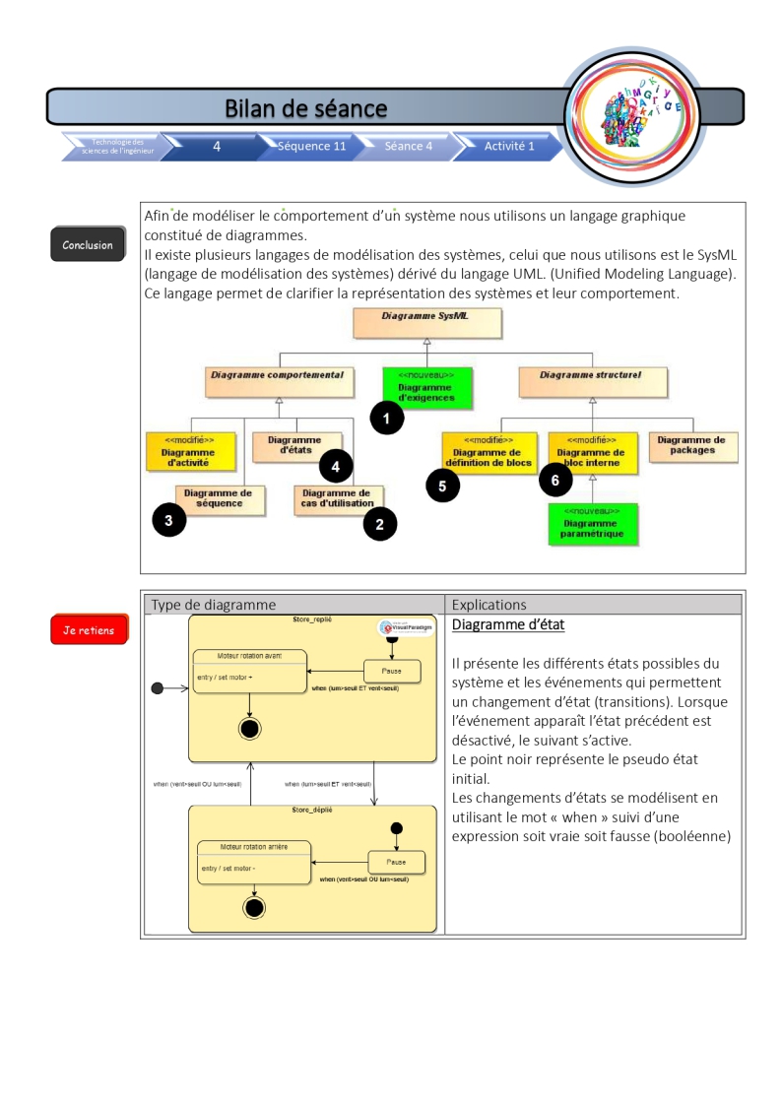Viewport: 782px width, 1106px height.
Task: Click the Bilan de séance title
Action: coord(305,107)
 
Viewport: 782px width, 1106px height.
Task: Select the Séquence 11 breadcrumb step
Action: coord(311,146)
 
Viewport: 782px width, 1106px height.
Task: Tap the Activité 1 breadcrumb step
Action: coord(509,146)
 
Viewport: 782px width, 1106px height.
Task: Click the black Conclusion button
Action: coord(88,244)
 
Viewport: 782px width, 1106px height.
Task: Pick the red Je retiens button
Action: coord(89,630)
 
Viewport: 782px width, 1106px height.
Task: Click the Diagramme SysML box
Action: coord(426,322)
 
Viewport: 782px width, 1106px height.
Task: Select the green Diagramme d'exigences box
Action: coord(426,387)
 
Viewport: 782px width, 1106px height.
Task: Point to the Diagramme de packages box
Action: coord(691,446)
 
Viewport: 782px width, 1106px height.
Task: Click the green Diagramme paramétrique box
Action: coord(593,523)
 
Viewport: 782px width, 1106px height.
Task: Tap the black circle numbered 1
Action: coord(387,419)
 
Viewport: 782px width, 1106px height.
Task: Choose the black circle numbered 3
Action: coord(168,520)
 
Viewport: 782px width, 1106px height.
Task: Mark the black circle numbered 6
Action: coord(555,480)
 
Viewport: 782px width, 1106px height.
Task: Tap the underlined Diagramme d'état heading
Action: coord(507,625)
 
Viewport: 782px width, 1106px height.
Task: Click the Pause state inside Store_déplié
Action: coord(397,861)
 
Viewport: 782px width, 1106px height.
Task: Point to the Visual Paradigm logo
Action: coord(406,627)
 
